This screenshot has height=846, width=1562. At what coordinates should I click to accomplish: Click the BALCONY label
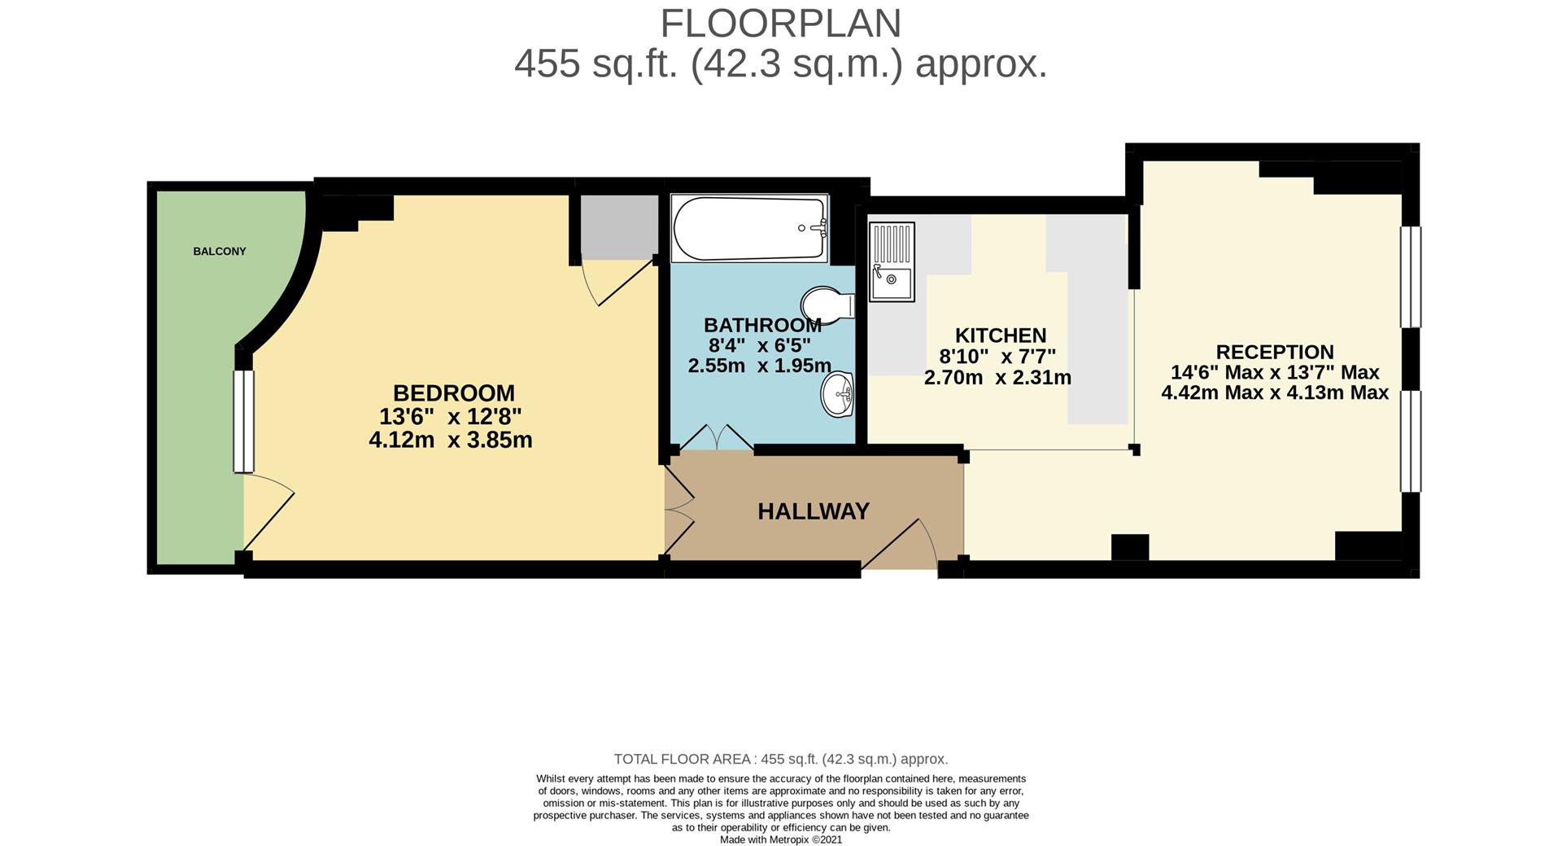pyautogui.click(x=220, y=252)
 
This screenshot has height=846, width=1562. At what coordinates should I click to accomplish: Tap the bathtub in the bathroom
pyautogui.click(x=749, y=228)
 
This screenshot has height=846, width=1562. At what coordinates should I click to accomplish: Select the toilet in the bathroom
pyautogui.click(x=828, y=306)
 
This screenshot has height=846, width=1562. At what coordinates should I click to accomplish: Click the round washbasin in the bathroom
pyautogui.click(x=838, y=395)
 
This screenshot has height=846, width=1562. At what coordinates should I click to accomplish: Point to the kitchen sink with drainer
pyautogui.click(x=892, y=261)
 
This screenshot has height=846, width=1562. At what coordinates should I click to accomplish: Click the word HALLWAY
pyautogui.click(x=814, y=511)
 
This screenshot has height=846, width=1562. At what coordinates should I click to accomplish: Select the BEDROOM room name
pyautogui.click(x=454, y=393)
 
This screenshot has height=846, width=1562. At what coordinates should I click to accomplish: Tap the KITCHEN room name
pyautogui.click(x=1001, y=335)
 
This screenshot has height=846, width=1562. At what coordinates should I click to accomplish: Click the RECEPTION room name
pyautogui.click(x=1275, y=353)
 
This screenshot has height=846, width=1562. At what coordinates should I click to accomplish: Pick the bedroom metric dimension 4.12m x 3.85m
pyautogui.click(x=451, y=441)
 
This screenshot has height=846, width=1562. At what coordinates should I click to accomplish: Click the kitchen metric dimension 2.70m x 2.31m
pyautogui.click(x=997, y=378)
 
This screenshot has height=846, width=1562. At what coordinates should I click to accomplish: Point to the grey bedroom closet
pyautogui.click(x=619, y=227)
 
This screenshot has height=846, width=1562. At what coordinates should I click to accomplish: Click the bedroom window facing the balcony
pyautogui.click(x=243, y=422)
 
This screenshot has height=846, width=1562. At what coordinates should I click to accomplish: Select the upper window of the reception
pyautogui.click(x=1410, y=277)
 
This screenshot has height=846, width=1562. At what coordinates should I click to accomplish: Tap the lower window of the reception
pyautogui.click(x=1410, y=441)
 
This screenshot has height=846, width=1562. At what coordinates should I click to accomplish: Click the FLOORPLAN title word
pyautogui.click(x=781, y=24)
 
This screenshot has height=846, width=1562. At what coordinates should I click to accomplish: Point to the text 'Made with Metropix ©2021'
pyautogui.click(x=781, y=839)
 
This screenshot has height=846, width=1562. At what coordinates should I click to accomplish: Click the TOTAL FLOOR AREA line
pyautogui.click(x=781, y=760)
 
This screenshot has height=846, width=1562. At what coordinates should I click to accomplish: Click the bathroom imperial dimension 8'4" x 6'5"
pyautogui.click(x=760, y=345)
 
